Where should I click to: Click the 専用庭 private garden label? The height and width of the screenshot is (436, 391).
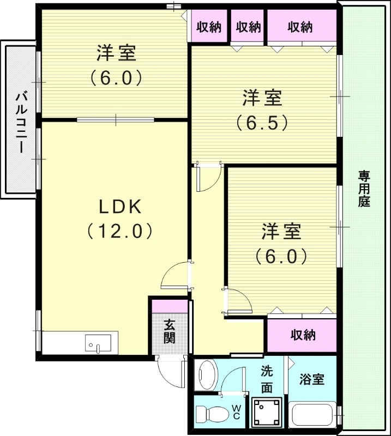(364, 189)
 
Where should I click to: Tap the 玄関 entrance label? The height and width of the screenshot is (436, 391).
(170, 331)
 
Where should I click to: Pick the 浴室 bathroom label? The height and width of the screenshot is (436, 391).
(312, 380)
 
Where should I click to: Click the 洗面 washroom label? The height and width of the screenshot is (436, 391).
(267, 379)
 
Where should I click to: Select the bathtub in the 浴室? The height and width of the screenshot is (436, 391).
(312, 415)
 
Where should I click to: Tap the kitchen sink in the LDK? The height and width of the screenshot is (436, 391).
(98, 343)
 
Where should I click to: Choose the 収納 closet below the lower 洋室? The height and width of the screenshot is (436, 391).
(303, 335)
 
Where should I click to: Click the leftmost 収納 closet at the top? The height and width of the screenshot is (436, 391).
(209, 26)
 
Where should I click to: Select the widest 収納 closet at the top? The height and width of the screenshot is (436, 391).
(300, 26)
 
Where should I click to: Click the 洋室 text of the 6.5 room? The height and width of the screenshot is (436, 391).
(262, 99)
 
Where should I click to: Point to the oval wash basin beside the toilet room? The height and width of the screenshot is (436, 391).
(207, 375)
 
